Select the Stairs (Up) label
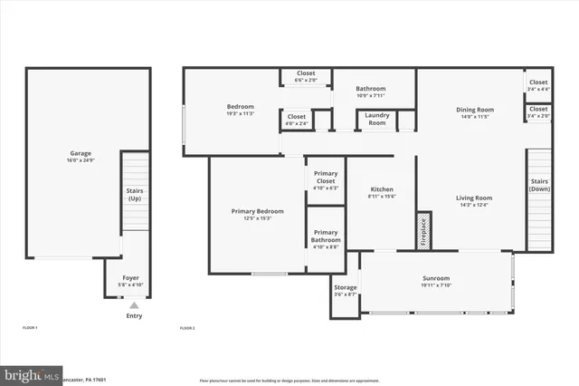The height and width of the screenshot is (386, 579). [134, 195]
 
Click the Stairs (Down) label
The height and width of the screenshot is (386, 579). [538, 185]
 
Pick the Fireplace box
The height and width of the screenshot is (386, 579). [422, 231]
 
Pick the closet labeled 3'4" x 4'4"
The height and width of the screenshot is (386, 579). [538, 85]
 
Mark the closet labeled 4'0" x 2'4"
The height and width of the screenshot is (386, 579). [296, 119]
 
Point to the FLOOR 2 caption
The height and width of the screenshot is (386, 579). [187, 327]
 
